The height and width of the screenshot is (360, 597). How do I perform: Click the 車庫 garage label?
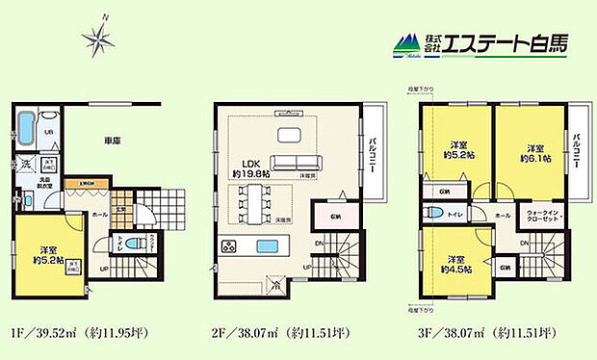point(112,140)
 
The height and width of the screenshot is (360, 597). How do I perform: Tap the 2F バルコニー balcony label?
point(371,157)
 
